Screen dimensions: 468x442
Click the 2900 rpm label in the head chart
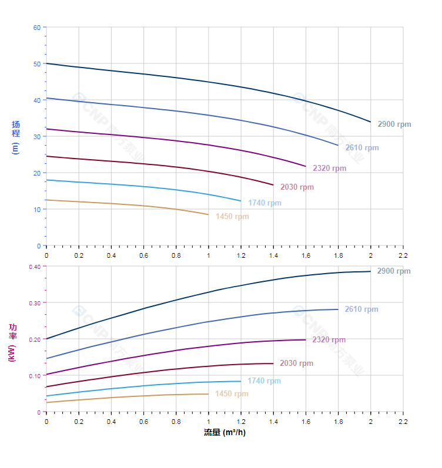coord(394,124)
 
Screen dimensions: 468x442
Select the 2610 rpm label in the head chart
coord(361,148)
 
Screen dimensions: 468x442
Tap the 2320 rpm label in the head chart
coord(329,169)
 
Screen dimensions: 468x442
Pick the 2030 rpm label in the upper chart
coord(297,187)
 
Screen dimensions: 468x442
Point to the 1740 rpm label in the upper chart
coord(264,203)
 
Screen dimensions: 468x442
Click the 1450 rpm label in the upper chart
coord(232,217)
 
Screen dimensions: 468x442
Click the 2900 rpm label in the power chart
coord(394,271)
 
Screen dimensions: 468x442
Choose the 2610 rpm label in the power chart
coord(361,309)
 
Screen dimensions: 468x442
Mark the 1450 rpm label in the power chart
coord(232,394)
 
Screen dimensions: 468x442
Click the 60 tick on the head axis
coord(37,28)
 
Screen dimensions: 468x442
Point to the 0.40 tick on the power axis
coord(35,267)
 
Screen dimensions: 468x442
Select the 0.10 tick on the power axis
coord(35,376)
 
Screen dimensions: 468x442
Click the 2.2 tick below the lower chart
coord(403,421)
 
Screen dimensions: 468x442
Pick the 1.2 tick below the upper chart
coord(240,255)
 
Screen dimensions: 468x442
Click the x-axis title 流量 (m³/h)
coord(225,433)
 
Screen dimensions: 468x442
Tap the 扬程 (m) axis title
coord(16,137)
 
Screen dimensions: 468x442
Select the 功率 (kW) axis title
coord(12,342)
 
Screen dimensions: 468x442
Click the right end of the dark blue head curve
coord(371,122)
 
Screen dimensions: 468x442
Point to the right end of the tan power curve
coord(208,394)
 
